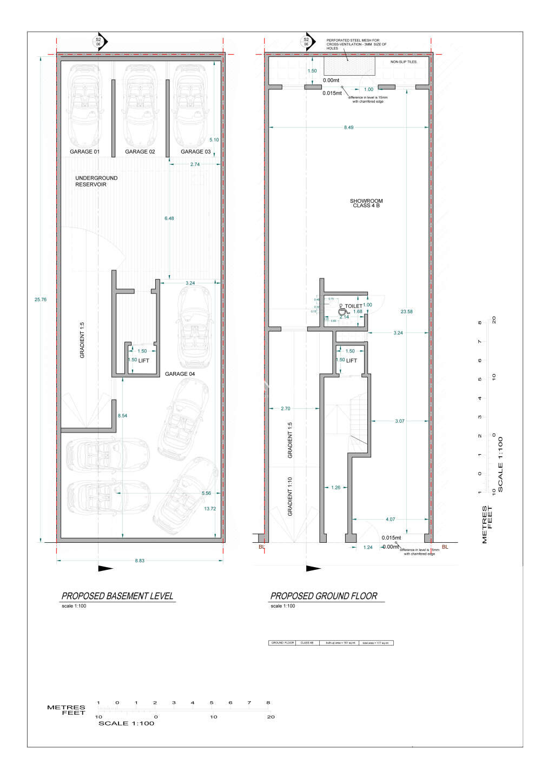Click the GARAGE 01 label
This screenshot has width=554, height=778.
[x=84, y=152]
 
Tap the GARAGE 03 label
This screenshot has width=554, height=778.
[x=195, y=152]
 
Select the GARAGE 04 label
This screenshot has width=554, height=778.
[x=180, y=374]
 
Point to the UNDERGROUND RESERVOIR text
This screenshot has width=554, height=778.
[x=96, y=181]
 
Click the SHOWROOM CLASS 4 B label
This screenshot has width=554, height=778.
[x=366, y=203]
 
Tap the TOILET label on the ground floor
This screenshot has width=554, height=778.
[x=353, y=306]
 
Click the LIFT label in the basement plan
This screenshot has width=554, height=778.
[x=143, y=361]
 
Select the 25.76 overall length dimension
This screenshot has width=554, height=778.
[x=40, y=300]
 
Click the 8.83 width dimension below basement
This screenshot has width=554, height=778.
[x=140, y=561]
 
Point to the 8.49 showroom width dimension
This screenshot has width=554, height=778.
[x=348, y=128]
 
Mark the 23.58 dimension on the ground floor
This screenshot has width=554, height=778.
[x=406, y=311]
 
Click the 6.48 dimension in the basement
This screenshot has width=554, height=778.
[x=169, y=218]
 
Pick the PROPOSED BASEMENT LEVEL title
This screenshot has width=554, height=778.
[x=117, y=596]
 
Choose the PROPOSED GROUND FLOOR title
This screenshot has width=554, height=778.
[x=324, y=596]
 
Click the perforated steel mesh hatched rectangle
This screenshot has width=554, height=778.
[x=349, y=66]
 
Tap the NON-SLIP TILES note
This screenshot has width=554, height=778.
[x=404, y=62]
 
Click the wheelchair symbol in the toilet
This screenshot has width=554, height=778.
[x=342, y=311]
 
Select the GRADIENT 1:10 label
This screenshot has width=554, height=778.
[x=290, y=496]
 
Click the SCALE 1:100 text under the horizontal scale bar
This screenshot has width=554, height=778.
[x=126, y=723]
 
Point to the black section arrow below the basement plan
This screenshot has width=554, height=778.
[x=105, y=568]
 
